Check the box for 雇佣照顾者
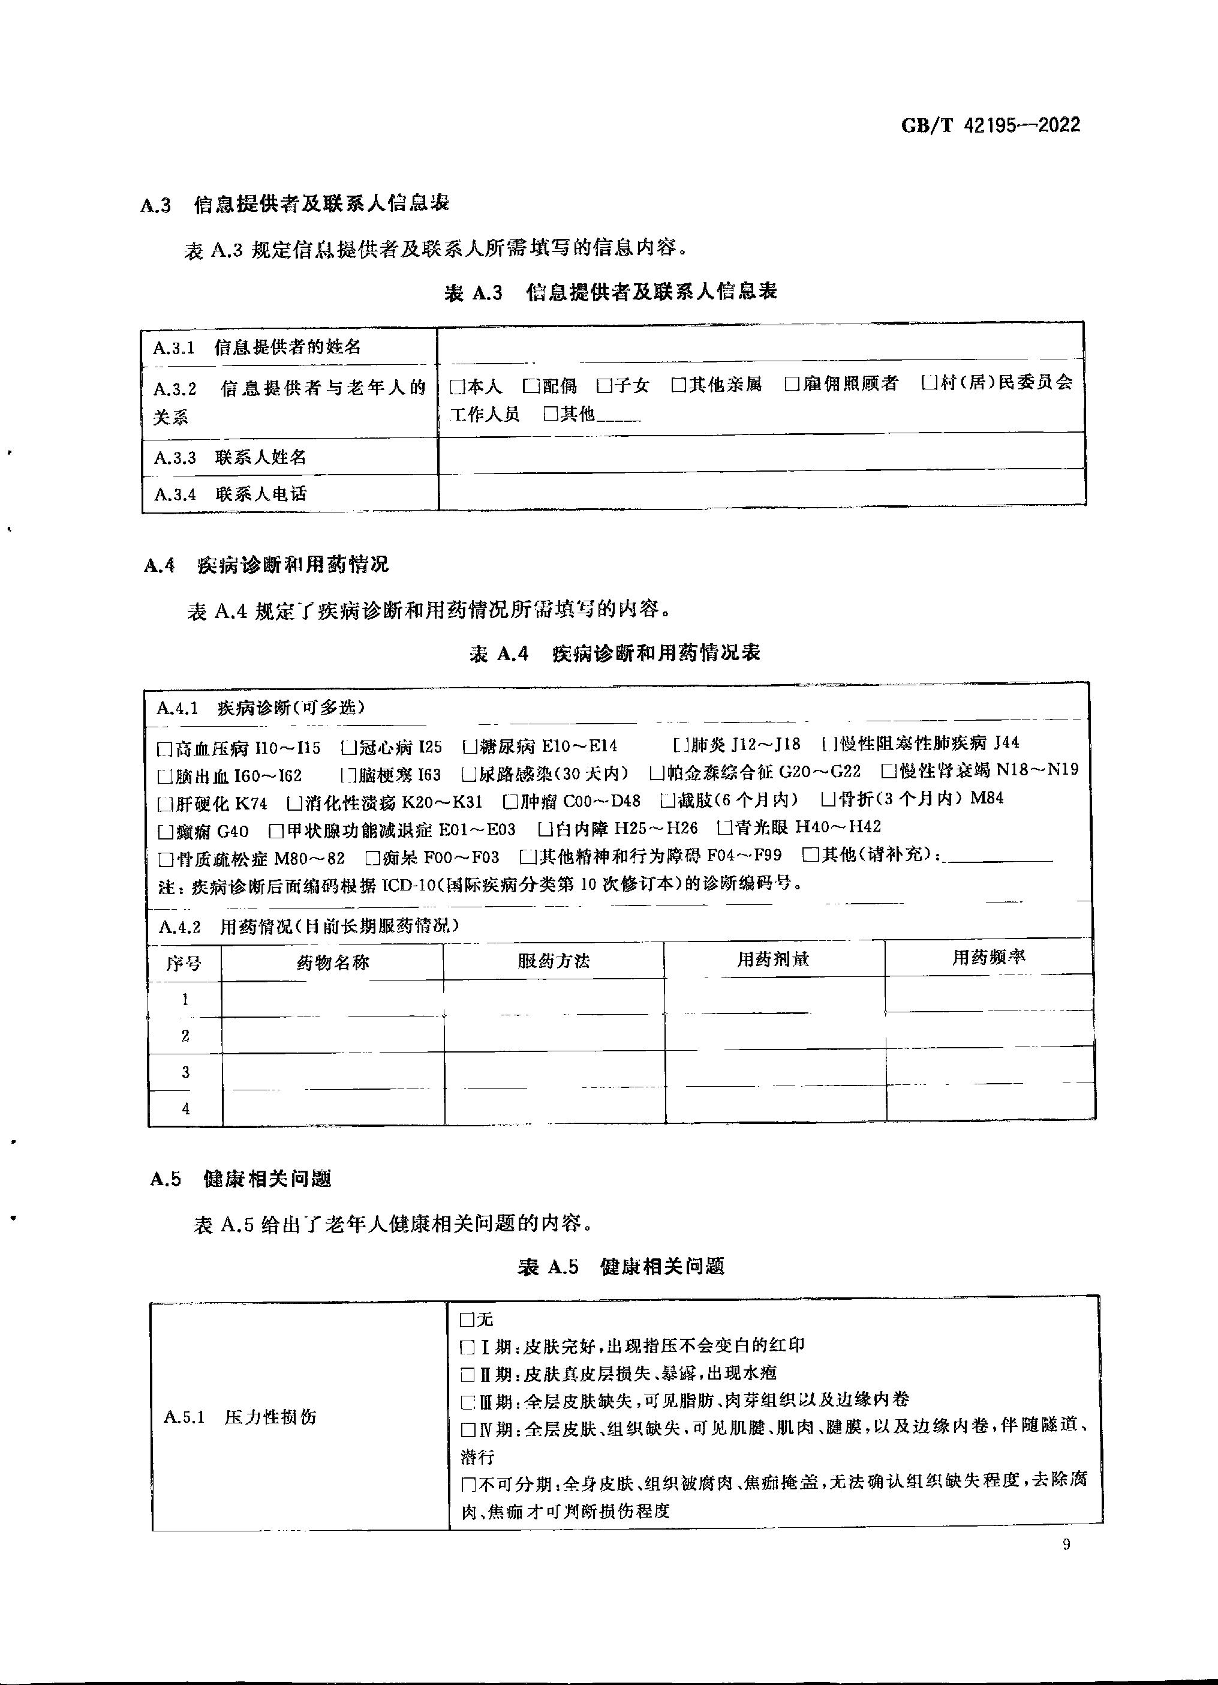point(792,384)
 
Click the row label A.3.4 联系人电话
point(230,494)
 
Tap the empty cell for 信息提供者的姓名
point(761,346)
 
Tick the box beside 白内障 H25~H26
point(545,828)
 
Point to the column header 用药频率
point(988,958)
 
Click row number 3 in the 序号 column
point(186,1072)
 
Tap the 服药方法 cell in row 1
point(554,998)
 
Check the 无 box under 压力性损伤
point(467,1320)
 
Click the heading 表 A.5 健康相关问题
point(621,1267)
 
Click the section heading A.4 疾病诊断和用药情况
point(267,565)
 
